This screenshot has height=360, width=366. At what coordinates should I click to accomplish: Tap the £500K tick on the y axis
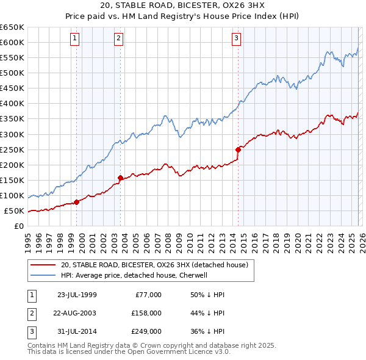coord(12,73)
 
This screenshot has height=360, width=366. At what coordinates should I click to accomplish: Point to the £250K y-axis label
coord(12,149)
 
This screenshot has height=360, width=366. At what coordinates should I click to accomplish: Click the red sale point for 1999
coord(76,202)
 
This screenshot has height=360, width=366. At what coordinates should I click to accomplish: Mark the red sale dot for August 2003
coord(120,178)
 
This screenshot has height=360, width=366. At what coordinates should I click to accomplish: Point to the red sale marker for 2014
coord(238,149)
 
